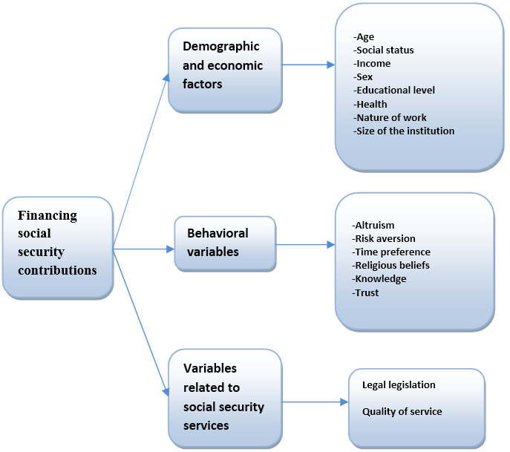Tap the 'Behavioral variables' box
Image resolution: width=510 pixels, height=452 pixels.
click(x=224, y=243)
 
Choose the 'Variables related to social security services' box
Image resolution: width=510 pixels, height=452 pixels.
click(x=224, y=398)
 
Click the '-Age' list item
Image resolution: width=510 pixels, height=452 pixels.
click(x=364, y=36)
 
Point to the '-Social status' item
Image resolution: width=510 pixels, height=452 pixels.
click(x=384, y=50)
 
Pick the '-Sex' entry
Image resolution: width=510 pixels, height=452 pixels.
click(x=363, y=77)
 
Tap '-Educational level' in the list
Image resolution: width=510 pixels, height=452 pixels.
click(x=394, y=91)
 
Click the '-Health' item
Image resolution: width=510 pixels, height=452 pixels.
click(x=370, y=104)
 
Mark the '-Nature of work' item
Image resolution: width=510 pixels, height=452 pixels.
click(x=390, y=117)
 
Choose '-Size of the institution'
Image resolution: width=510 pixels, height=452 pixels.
click(x=404, y=131)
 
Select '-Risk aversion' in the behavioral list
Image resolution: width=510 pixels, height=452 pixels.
click(x=384, y=238)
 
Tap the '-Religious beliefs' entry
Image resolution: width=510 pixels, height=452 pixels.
click(x=391, y=265)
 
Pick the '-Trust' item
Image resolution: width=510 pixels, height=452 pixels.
click(x=366, y=292)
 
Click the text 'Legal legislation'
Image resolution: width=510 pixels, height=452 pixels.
click(x=399, y=385)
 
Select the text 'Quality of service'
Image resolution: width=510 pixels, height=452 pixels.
click(x=402, y=411)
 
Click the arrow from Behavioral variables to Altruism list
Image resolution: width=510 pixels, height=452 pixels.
click(x=305, y=243)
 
